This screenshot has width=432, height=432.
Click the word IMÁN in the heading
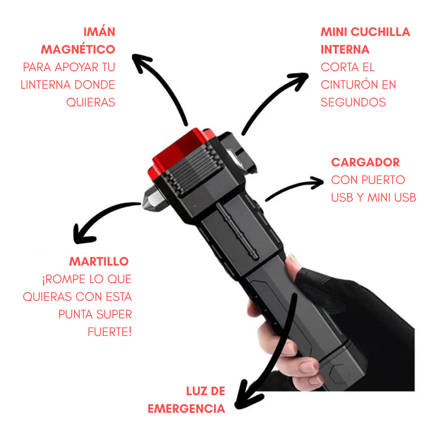[x=99, y=32]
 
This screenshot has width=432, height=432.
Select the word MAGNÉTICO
[x=78, y=49]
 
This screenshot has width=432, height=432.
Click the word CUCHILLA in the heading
[x=380, y=32]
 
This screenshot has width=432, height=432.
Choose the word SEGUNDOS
[x=353, y=102]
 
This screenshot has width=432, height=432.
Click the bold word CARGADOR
[x=365, y=162]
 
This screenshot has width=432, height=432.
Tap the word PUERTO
[x=383, y=180]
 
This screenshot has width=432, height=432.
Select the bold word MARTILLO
[x=99, y=262]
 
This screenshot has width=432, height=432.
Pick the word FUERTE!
[x=110, y=332]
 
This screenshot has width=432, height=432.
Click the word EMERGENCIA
[x=186, y=409]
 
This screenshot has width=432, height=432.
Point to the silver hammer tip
[x=152, y=199]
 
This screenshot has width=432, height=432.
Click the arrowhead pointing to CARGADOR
[x=317, y=182]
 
